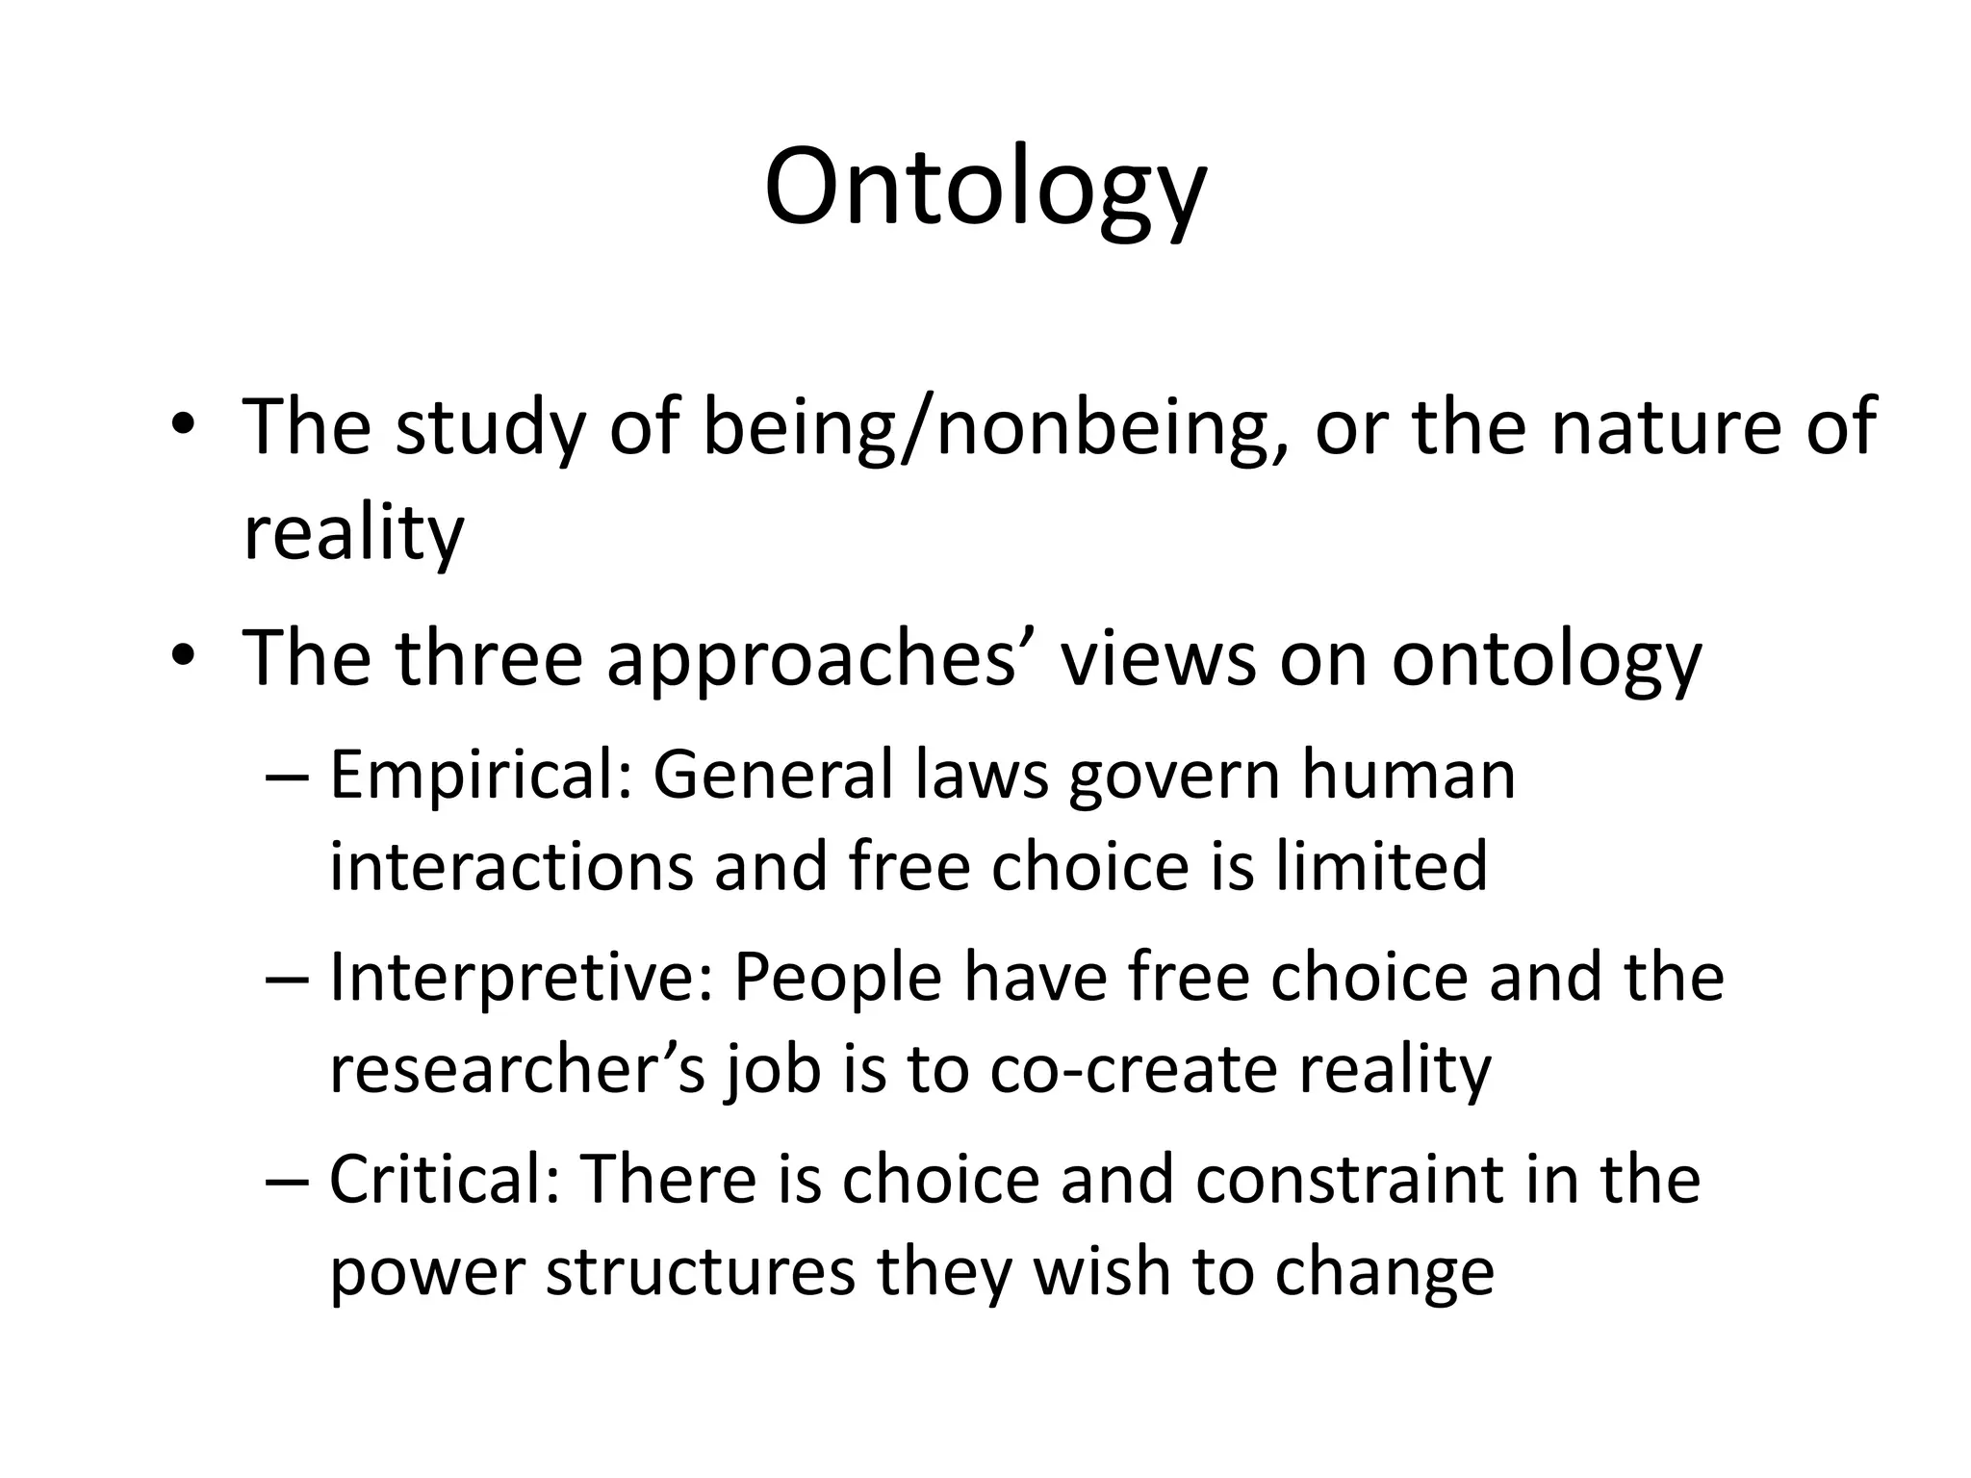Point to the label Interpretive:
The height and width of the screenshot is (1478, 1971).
[x=521, y=978]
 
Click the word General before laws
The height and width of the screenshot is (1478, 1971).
[x=773, y=776]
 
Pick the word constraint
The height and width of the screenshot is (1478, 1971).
[x=1349, y=1180]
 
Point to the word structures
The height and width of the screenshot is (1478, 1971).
[x=700, y=1271]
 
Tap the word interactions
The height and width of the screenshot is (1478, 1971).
[x=510, y=866]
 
